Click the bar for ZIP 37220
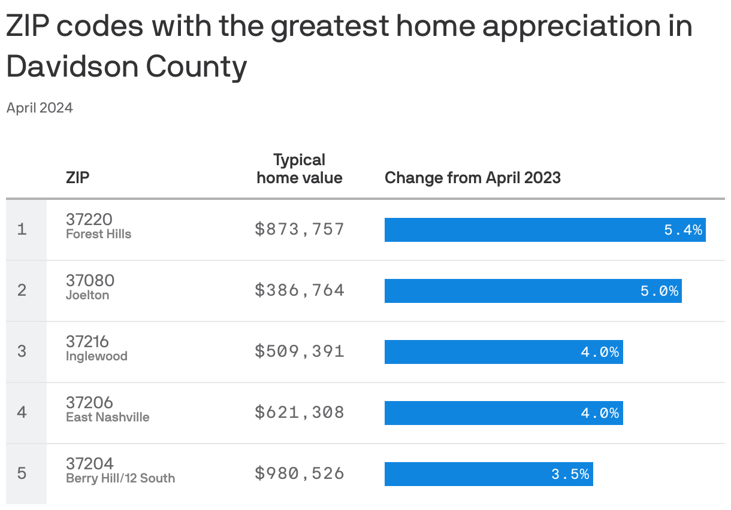point(545,230)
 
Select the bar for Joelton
point(533,291)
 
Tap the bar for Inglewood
point(503,352)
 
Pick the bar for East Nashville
point(503,413)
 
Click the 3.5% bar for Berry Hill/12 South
point(488,474)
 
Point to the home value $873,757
point(300,229)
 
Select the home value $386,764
point(300,290)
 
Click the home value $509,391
point(300,351)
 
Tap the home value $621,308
point(300,412)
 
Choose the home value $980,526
point(300,473)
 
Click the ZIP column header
point(78,178)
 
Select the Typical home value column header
point(300,169)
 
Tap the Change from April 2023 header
point(472,178)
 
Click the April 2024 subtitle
point(40,108)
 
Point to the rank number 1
point(22,229)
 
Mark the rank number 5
point(22,473)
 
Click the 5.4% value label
point(683,230)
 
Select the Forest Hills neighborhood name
point(98,235)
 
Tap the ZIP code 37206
point(89,403)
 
